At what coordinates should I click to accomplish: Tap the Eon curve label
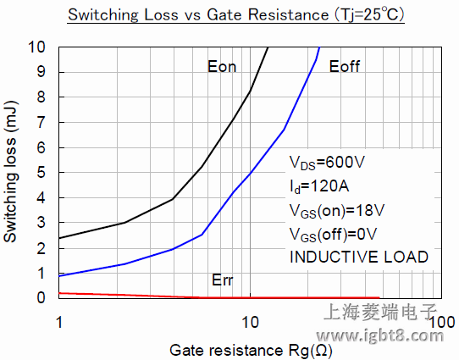coord(222,67)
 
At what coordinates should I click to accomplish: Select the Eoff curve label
coord(346,67)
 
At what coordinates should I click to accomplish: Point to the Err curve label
coord(221,280)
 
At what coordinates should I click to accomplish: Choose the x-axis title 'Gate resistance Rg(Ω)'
coord(251,350)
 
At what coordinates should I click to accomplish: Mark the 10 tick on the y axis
coord(40,47)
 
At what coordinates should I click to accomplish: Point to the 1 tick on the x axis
coord(58,324)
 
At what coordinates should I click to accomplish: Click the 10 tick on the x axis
coord(250,324)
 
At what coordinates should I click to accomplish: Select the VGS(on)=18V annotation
coord(337,210)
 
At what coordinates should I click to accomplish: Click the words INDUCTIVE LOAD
coord(358,256)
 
